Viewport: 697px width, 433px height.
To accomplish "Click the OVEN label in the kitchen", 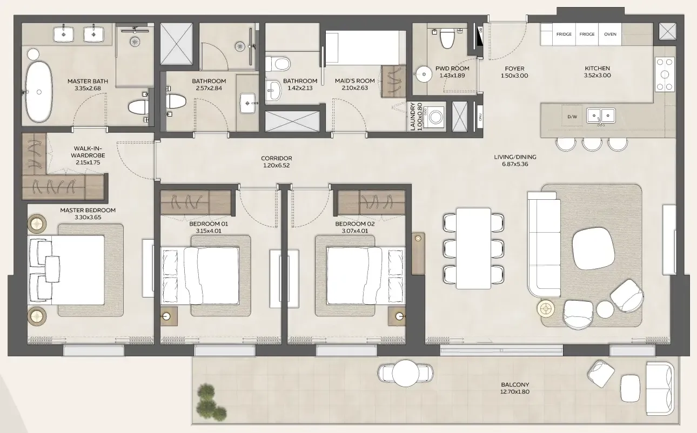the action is (610, 34).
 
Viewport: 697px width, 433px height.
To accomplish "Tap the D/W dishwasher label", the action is (572, 117).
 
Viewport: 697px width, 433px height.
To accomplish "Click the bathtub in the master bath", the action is (39, 92).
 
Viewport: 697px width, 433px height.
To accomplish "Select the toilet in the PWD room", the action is (447, 38).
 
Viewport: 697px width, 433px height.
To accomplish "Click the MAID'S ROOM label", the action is (355, 81).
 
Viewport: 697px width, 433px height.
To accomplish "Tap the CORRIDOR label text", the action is (276, 158).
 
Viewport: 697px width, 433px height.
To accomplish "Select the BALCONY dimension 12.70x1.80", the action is (515, 391).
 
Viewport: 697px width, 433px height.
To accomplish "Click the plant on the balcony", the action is (210, 402).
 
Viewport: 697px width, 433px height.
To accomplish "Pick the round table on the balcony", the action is (405, 373).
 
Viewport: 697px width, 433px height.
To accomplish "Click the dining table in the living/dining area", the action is (474, 248).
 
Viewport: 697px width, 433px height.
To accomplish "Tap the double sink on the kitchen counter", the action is (601, 116).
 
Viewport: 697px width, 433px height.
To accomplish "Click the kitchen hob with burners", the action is (665, 75).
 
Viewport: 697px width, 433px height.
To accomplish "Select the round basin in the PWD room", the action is (424, 75).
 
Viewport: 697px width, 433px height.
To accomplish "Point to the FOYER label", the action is (514, 69).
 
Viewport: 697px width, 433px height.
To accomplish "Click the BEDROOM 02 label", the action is (355, 224).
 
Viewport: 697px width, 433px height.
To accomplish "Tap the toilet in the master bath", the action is (138, 107).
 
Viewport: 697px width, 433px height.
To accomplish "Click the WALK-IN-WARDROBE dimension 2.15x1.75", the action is (88, 163).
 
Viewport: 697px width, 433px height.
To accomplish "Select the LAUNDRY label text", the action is (413, 117).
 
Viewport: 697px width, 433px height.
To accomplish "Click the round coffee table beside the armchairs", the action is (605, 309).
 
